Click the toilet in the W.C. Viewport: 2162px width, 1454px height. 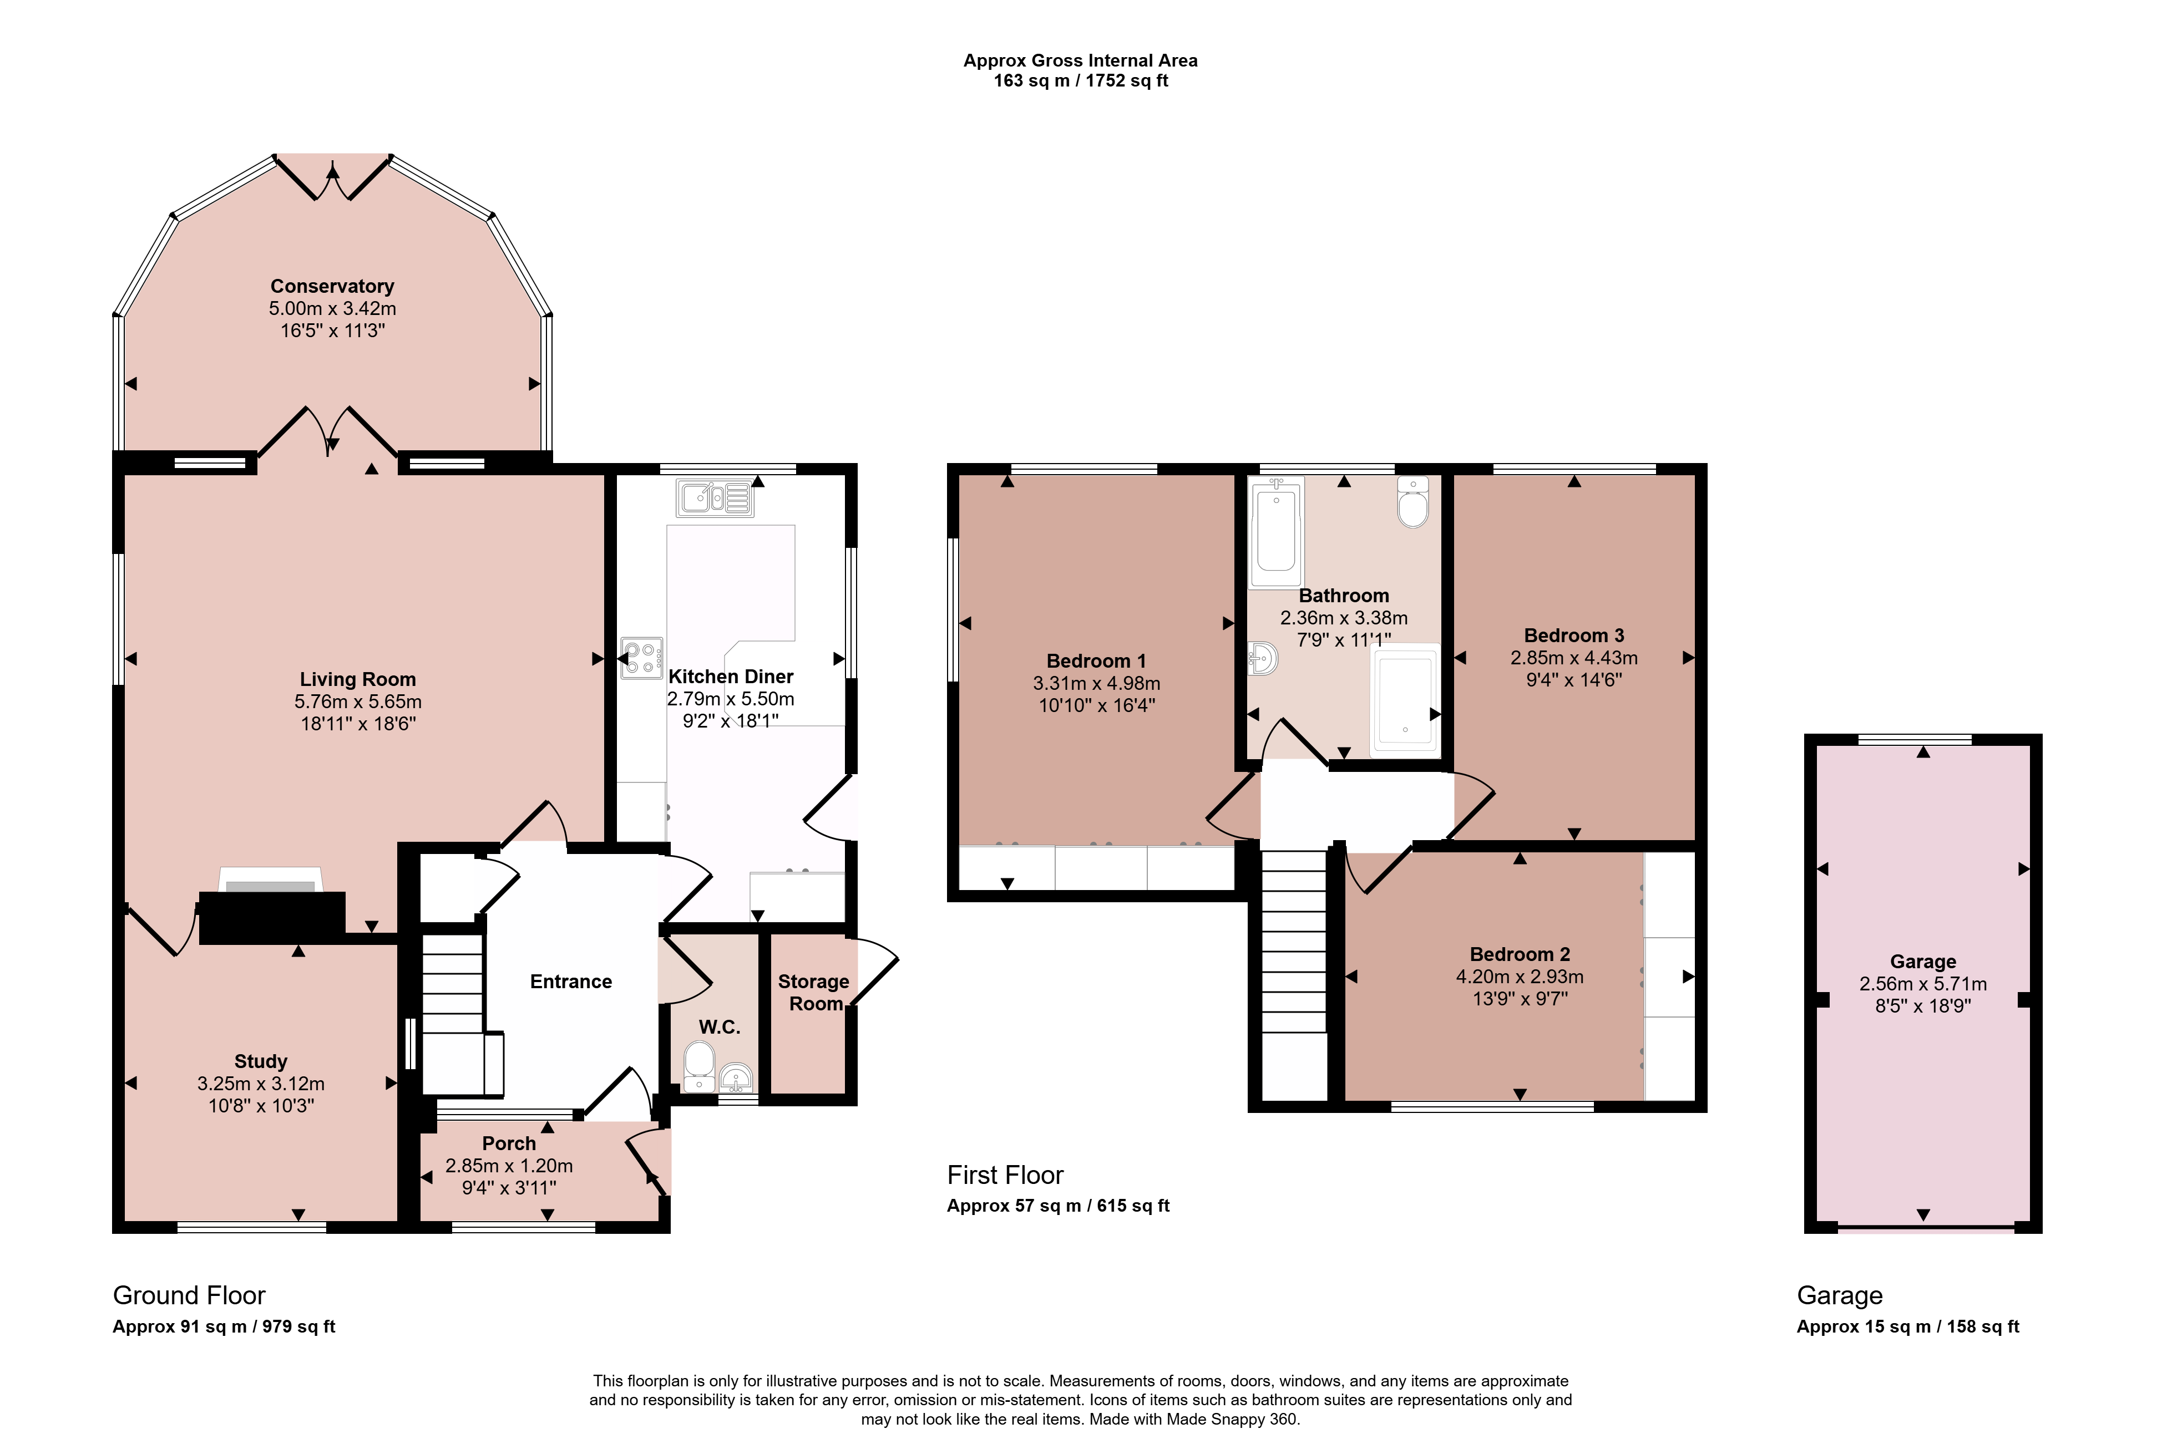tap(697, 1066)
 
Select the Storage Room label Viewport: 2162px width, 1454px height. tap(813, 992)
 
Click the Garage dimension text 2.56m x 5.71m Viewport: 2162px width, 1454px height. tap(1923, 984)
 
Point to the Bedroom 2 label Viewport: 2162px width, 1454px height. tap(1519, 954)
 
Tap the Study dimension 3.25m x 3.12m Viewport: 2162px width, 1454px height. tap(261, 1083)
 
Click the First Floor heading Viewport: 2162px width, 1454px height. tap(1005, 1175)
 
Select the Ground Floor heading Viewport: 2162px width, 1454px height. tap(189, 1295)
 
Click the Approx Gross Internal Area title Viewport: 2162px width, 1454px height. tap(1081, 60)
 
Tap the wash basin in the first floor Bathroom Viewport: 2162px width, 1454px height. tap(1263, 658)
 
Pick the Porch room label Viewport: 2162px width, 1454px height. tap(509, 1143)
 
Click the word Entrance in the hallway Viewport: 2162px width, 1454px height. tap(570, 981)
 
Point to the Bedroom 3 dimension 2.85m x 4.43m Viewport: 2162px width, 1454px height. tap(1574, 658)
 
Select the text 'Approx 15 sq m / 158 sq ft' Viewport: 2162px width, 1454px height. tap(1908, 1326)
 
